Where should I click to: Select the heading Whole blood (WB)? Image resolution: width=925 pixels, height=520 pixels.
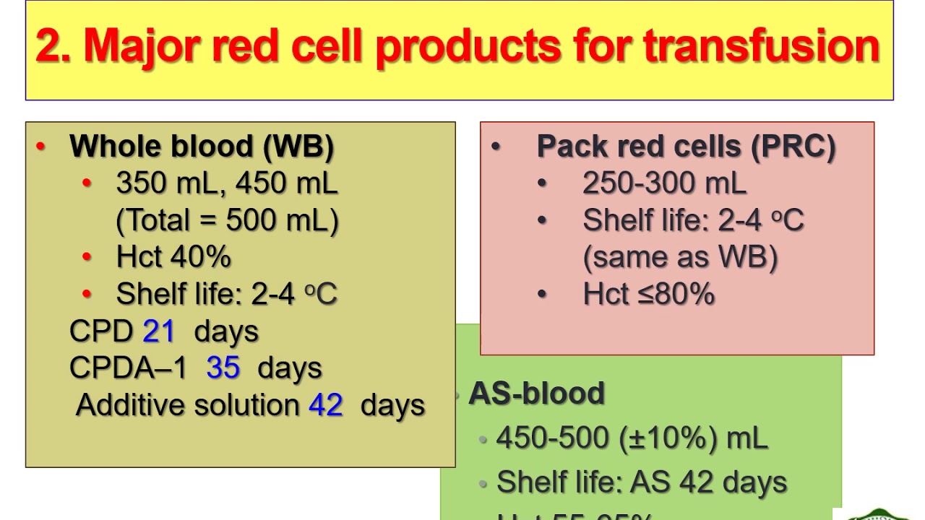coord(202,147)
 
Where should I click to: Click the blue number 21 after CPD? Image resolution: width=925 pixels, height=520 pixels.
coord(159,331)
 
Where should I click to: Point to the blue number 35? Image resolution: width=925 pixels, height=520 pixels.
coord(223,368)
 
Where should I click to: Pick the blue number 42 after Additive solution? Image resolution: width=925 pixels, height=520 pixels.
coord(325,405)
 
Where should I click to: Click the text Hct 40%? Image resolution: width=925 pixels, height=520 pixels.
coord(173,257)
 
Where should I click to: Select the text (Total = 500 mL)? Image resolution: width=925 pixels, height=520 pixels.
coord(227,220)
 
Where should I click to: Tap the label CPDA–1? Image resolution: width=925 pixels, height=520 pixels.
coord(128,368)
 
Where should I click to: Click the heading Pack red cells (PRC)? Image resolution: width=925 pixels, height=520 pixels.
coord(686,147)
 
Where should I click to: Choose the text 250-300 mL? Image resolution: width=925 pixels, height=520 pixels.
coord(664,183)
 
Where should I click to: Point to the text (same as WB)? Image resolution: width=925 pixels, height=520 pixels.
coord(680,257)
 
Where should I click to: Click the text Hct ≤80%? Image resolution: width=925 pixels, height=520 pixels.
coord(648,295)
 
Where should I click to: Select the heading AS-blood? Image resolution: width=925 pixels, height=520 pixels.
coord(536,394)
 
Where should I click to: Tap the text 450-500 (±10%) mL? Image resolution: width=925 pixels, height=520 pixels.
coord(632,438)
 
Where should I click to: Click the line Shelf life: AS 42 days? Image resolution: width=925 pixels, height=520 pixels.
coord(641,482)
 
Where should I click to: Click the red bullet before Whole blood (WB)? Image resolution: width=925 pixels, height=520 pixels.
coord(40,147)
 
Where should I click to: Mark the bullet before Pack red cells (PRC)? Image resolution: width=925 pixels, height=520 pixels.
coord(496,147)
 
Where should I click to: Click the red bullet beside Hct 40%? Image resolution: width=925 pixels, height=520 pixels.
coord(87,257)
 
